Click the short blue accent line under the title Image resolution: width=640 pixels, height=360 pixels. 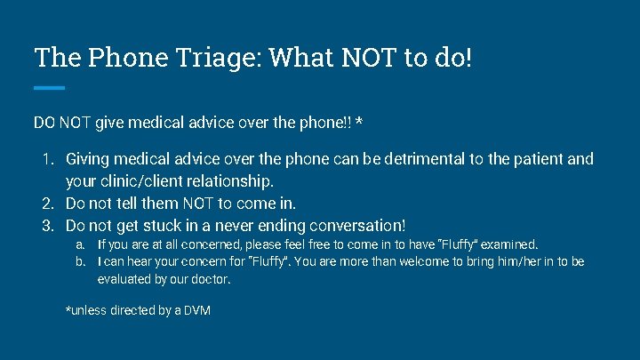(50, 87)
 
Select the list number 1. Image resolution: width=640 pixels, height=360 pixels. (50, 160)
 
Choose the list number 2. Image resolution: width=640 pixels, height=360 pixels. (50, 204)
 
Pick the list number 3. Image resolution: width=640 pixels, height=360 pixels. (50, 226)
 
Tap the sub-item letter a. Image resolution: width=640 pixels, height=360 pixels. (80, 244)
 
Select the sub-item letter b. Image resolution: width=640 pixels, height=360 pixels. (80, 262)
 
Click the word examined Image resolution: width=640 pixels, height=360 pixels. (508, 244)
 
